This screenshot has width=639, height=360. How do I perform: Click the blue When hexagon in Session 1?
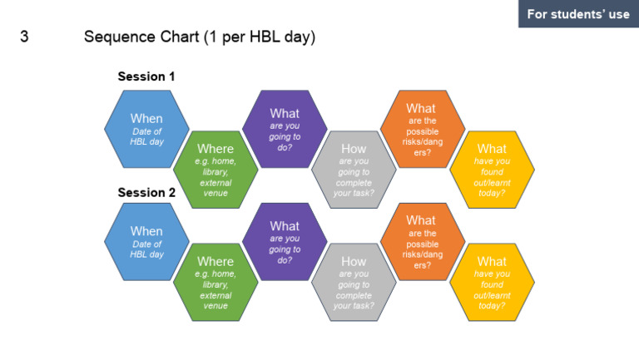coord(146,129)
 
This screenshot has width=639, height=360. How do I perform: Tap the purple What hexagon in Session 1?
coord(285,129)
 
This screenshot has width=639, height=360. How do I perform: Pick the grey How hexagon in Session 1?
coord(354,170)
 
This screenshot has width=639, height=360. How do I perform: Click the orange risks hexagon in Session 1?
coord(421,129)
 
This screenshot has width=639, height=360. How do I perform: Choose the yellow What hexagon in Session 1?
coord(492,170)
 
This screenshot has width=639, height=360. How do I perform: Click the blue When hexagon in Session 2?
coord(146,241)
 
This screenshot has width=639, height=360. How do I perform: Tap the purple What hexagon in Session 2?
coord(285,241)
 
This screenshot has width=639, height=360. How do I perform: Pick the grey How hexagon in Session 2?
coord(354,282)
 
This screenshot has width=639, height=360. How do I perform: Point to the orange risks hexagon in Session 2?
coord(421,241)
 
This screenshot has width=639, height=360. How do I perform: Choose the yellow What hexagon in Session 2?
coord(492,282)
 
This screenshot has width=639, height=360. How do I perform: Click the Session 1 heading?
coord(146,76)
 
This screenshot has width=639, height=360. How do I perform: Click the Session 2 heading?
coord(146,192)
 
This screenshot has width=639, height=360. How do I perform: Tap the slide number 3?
coord(24,37)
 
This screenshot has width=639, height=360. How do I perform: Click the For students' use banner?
coord(578,14)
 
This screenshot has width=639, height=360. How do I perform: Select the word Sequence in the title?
coord(117,37)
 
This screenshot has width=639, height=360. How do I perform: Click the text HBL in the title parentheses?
coord(261,37)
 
